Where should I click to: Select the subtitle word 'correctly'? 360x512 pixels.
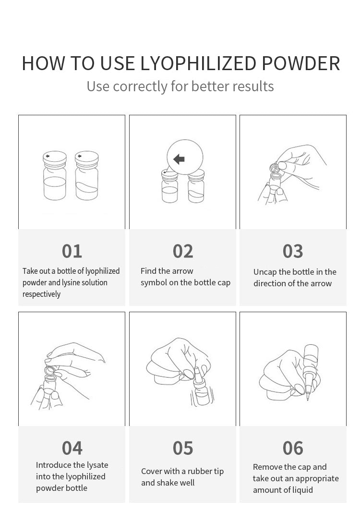140,86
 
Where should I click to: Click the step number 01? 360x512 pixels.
72,251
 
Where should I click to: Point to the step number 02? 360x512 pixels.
183,251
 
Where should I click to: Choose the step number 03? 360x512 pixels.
293,251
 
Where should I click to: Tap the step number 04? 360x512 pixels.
72,448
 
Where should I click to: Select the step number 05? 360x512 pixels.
183,448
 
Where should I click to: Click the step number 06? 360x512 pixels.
293,448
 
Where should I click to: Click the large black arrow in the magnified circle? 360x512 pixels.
180,159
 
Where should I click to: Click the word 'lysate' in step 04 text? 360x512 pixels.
97,465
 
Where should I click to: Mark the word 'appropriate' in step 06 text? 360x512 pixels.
317,478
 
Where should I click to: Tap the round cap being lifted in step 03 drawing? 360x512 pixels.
274,168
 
